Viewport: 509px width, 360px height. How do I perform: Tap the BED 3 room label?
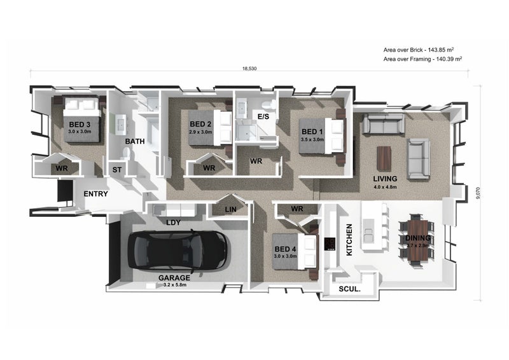[80, 125]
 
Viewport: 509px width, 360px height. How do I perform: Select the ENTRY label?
[96, 194]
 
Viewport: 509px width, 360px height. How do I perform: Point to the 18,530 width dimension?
[249, 69]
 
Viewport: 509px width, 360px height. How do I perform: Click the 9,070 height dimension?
[478, 193]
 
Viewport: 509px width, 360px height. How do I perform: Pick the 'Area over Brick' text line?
[419, 50]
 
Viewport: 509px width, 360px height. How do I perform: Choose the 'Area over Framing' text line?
[422, 59]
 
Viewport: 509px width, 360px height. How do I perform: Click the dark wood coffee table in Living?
[384, 159]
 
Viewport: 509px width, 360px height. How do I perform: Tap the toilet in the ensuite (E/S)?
[269, 104]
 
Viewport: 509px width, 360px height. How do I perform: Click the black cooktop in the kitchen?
[330, 244]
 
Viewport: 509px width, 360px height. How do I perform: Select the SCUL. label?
[349, 289]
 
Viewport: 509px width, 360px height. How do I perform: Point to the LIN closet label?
[231, 210]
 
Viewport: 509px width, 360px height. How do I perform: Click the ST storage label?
[117, 170]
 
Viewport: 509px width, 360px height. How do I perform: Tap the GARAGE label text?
[174, 278]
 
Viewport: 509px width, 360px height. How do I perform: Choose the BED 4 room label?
[285, 249]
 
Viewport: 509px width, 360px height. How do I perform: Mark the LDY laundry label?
[173, 223]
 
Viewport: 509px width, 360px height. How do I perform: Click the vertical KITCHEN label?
[349, 240]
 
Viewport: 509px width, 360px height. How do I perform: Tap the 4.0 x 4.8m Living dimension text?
[385, 187]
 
